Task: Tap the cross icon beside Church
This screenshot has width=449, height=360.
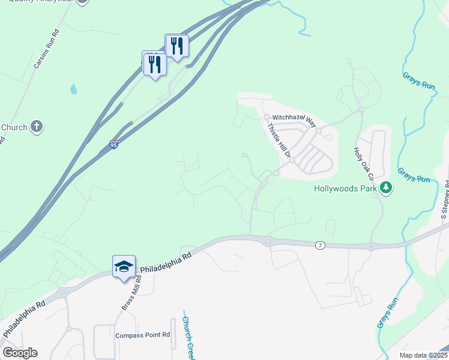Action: pos(37,127)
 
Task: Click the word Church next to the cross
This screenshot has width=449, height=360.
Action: pos(14,127)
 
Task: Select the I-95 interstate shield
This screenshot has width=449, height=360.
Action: pos(114,144)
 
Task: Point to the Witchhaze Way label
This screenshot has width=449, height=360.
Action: pos(294,119)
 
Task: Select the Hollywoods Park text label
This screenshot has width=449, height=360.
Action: pos(345,188)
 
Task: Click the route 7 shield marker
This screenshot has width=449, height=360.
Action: pos(320,245)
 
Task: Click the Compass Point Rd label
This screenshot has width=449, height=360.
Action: pos(143,335)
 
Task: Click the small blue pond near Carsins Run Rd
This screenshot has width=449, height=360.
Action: pos(73,89)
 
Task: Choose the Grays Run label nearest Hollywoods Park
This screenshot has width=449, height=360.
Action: pos(414,175)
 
